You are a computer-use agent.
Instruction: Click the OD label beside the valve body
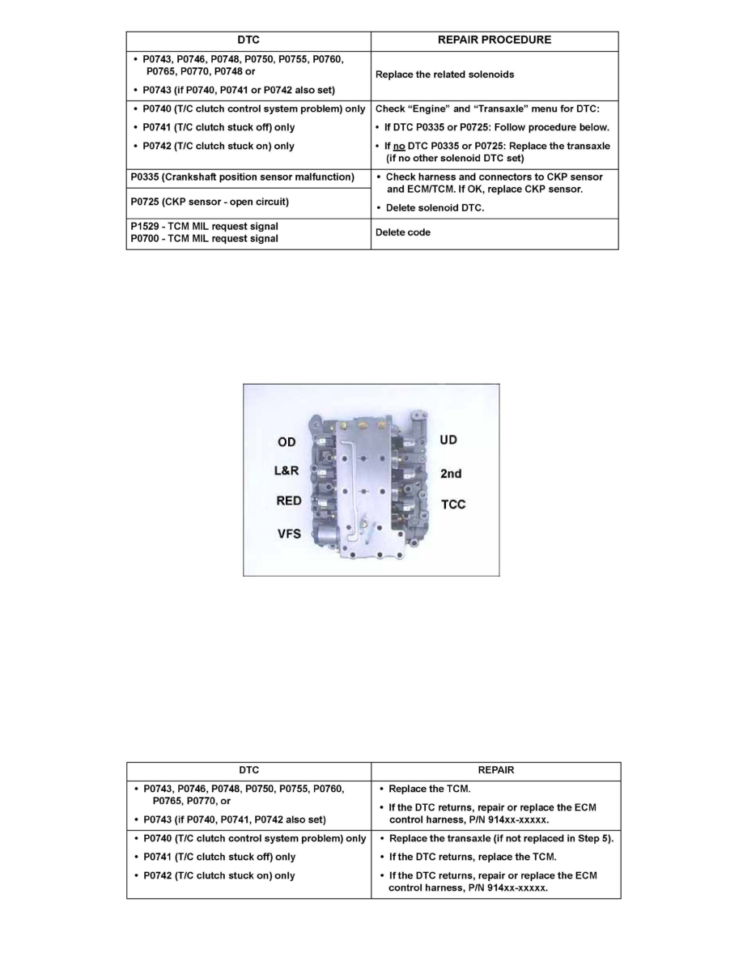287,442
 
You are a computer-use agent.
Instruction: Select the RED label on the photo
289,500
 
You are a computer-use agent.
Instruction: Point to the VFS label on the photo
289,534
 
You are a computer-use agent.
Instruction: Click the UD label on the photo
448,440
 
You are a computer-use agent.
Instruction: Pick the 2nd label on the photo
452,474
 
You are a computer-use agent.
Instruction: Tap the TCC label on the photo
453,504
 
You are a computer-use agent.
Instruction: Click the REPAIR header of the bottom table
495,771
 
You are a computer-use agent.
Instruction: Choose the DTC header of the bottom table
248,771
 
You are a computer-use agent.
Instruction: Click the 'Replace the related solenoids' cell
444,74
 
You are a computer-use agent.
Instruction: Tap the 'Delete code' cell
402,233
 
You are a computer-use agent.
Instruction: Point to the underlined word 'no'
400,147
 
